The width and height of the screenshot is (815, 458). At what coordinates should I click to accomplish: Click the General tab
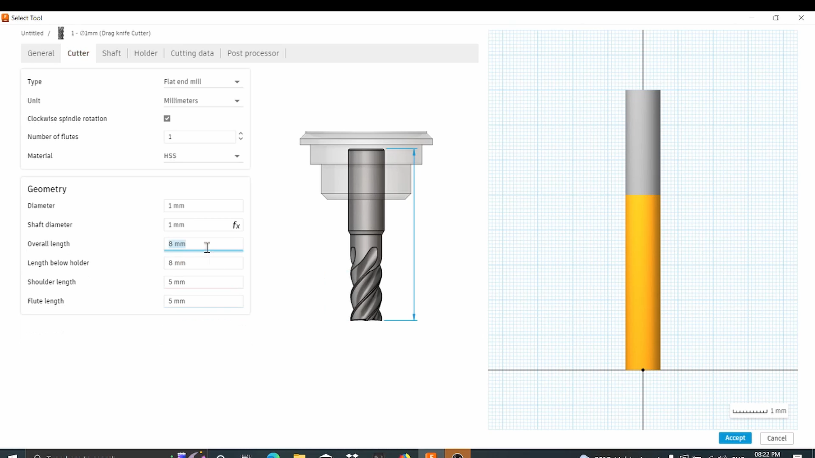41,53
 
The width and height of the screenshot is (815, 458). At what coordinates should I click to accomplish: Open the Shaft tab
111,53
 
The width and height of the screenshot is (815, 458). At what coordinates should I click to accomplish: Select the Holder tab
146,53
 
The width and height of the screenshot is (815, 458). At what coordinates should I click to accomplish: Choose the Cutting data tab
192,53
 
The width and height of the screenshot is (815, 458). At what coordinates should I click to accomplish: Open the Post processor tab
253,53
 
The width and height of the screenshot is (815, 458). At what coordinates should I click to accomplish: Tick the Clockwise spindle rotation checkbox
167,119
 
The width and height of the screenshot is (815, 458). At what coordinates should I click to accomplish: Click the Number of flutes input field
200,137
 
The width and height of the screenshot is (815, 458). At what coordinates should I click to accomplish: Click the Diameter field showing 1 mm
203,206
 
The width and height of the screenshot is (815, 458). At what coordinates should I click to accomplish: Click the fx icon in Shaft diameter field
236,225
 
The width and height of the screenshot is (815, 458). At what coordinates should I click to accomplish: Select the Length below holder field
203,263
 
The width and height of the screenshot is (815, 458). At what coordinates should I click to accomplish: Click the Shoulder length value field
203,282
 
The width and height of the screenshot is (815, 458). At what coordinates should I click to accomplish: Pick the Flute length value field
203,301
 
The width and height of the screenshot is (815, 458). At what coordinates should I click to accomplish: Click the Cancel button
776,438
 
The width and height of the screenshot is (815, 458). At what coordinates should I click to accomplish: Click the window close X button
801,18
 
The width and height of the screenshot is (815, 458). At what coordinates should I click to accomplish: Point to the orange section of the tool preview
643,282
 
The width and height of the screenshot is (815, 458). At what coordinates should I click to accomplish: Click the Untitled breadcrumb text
32,33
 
